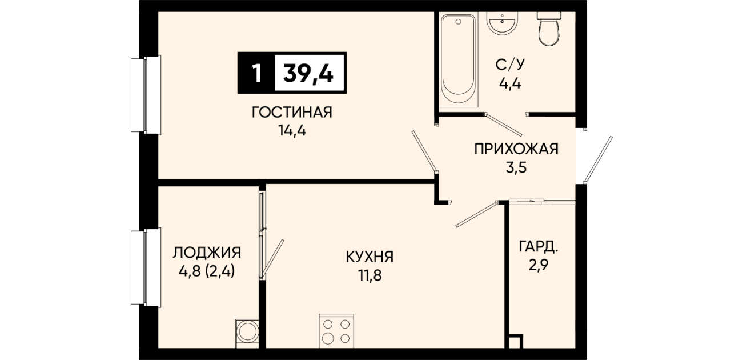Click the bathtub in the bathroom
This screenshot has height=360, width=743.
click(x=458, y=60)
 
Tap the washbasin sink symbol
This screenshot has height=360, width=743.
click(x=502, y=23)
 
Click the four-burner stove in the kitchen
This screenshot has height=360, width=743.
click(x=336, y=331)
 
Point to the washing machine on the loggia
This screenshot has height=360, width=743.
click(x=247, y=334)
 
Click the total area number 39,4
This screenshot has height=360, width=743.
click(x=308, y=73)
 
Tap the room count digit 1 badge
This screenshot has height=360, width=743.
click(x=256, y=73)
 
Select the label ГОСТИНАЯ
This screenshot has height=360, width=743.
click(x=292, y=113)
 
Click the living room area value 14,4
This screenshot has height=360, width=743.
click(x=292, y=131)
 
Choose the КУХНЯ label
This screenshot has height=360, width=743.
click(x=370, y=257)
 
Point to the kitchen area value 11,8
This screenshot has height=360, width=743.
click(x=370, y=275)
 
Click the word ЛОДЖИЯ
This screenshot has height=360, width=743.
click(x=207, y=253)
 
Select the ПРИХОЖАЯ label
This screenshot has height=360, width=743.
click(x=516, y=149)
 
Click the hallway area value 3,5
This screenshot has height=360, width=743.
click(x=516, y=167)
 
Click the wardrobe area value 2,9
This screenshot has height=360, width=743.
click(x=539, y=265)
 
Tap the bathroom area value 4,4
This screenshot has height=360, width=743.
click(x=510, y=83)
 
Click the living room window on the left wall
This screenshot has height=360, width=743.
click(x=146, y=95)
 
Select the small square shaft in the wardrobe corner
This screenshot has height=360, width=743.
click(x=516, y=341)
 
